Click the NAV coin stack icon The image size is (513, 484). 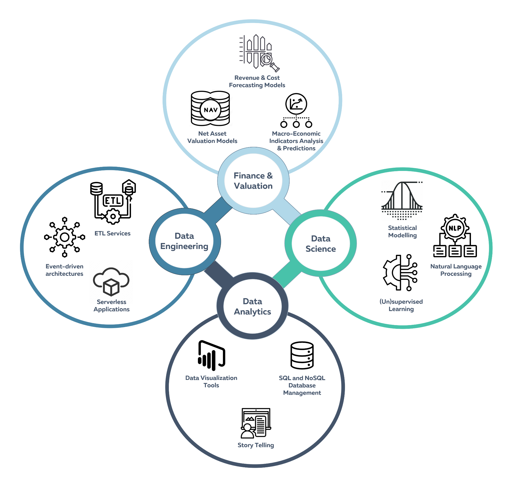click(x=210, y=109)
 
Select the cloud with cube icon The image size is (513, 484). click(x=111, y=282)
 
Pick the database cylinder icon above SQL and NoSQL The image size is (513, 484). click(x=302, y=355)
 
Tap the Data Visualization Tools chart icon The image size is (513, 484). click(x=211, y=355)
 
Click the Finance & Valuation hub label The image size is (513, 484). click(x=253, y=181)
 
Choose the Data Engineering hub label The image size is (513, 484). click(x=184, y=241)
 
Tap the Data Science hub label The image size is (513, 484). click(x=321, y=244)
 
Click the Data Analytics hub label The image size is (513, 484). click(x=252, y=307)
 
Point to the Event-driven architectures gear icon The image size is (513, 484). click(x=65, y=237)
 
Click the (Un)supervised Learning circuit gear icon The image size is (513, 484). click(x=400, y=273)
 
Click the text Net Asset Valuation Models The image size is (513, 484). click(x=212, y=137)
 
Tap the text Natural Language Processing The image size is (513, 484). click(x=456, y=270)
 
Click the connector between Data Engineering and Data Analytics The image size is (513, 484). click(x=218, y=275)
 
